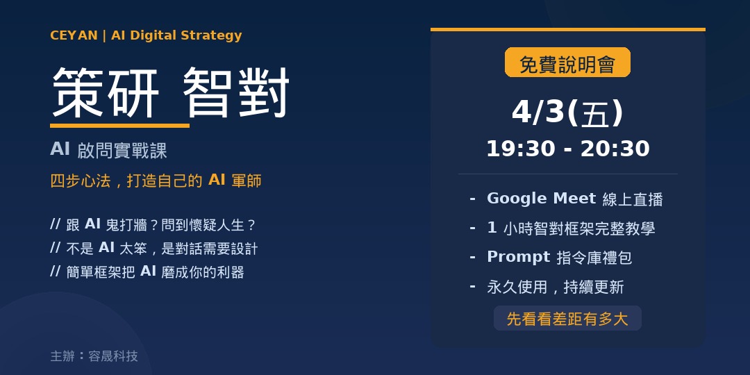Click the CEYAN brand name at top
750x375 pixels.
(74, 35)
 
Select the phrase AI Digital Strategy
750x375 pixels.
(176, 36)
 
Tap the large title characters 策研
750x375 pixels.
(106, 93)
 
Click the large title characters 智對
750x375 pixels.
(236, 93)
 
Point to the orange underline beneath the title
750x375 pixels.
(119, 126)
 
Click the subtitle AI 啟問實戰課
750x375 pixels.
(108, 150)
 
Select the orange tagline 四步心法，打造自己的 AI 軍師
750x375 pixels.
(156, 181)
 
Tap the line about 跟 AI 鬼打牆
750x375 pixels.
(153, 224)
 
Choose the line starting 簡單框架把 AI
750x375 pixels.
(147, 272)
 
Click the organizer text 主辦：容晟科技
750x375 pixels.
(94, 356)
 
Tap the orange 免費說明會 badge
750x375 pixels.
(567, 62)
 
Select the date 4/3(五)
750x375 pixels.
(567, 113)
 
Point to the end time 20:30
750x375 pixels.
(615, 149)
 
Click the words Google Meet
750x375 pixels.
(542, 199)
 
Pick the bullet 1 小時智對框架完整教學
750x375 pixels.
(571, 228)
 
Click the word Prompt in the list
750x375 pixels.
(519, 258)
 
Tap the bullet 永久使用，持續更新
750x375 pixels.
(556, 287)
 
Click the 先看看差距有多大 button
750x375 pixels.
(567, 319)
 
